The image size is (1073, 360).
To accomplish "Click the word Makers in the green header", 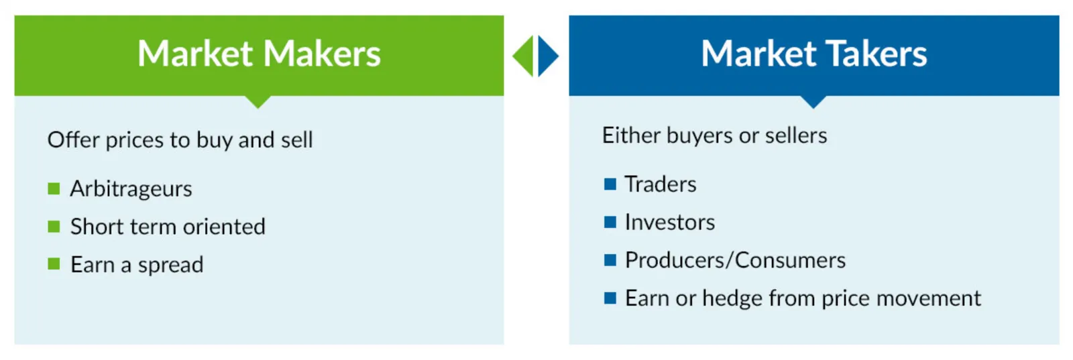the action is (x=322, y=53).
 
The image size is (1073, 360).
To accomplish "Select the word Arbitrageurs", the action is (x=131, y=189).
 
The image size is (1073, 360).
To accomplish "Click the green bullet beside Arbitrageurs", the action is (x=54, y=188).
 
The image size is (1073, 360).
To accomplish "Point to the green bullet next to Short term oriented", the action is (x=54, y=227).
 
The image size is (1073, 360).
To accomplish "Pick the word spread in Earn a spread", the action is (x=170, y=265).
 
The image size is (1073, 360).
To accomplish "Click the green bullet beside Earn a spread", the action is (x=54, y=263).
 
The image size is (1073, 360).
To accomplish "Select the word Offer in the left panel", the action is (x=74, y=140).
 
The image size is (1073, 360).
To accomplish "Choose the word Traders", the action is (x=661, y=184).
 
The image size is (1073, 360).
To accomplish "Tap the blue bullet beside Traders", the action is (x=610, y=184).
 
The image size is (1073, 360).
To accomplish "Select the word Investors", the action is (x=670, y=222).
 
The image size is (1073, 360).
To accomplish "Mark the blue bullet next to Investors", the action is (x=610, y=222).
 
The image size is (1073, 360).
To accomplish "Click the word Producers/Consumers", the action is (x=735, y=260).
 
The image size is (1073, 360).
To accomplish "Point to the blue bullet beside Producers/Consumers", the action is (x=610, y=260).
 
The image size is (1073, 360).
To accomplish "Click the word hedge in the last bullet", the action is (x=732, y=299).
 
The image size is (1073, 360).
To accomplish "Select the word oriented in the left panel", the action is (x=224, y=227).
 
